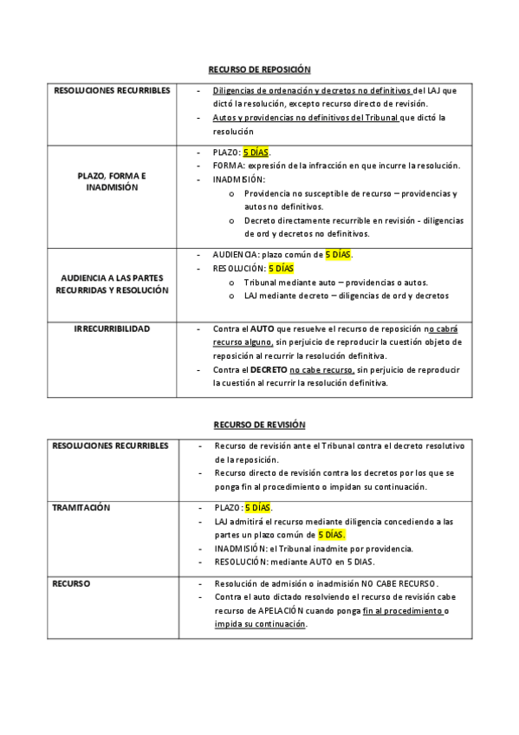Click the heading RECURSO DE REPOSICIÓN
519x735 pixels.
tap(259, 68)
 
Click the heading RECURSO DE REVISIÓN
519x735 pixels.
tap(260, 425)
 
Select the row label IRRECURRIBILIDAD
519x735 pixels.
tap(112, 329)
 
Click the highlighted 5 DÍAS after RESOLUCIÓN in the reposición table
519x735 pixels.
tap(282, 269)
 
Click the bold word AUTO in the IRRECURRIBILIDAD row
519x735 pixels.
tap(263, 330)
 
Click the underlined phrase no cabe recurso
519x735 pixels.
tap(323, 370)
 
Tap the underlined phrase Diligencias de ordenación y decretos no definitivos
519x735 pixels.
tap(313, 90)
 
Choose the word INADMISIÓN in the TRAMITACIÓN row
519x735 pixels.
tap(237, 549)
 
